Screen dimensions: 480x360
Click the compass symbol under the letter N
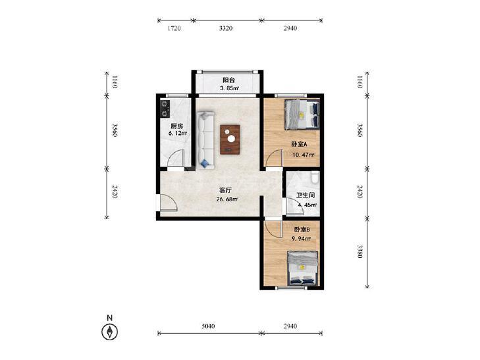[109, 332]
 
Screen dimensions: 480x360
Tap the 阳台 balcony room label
[228, 80]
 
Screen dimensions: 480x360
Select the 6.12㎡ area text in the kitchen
[178, 133]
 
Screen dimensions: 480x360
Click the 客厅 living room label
[225, 190]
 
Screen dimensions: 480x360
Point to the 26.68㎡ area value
[227, 199]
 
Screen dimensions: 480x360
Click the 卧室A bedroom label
[299, 144]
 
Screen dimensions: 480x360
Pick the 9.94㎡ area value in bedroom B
[301, 238]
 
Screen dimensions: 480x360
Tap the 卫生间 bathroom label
[306, 195]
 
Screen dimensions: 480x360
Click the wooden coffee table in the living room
[230, 140]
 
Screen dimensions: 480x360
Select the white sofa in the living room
[205, 140]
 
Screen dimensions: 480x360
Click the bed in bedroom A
[302, 115]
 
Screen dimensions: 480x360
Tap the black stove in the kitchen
[165, 109]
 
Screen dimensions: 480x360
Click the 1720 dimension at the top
[174, 28]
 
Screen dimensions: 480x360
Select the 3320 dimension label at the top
[226, 28]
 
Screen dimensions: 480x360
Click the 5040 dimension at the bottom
[208, 326]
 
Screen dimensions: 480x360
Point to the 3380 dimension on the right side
[360, 251]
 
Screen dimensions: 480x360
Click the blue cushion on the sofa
[205, 163]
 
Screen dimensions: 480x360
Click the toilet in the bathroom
[315, 177]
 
